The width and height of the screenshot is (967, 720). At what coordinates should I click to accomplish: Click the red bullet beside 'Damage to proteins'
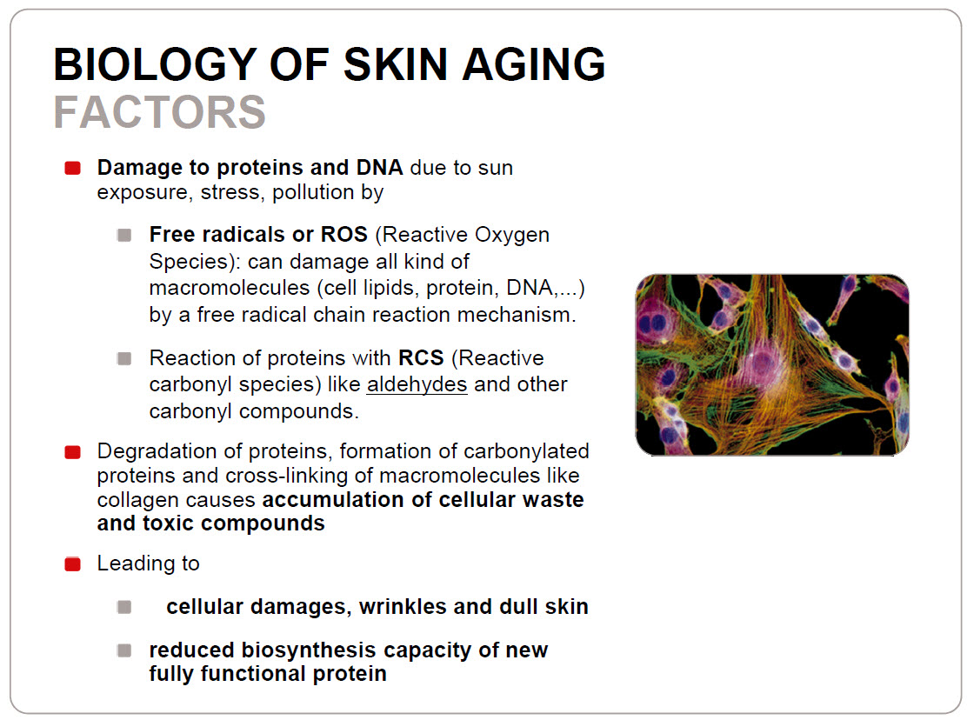pos(73,169)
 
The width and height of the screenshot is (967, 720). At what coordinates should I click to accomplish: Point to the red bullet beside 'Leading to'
pos(73,564)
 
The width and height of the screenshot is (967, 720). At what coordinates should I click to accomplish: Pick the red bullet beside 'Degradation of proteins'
pos(73,452)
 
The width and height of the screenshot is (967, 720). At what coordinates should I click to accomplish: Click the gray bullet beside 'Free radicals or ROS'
pos(124,236)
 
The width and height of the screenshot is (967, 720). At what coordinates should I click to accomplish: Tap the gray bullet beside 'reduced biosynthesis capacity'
pos(124,650)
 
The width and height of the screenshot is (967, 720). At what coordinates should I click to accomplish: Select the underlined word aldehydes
pos(417,384)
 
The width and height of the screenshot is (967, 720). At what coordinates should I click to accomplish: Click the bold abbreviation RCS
pos(421,357)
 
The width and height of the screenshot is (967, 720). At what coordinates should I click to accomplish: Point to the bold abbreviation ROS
pos(344,234)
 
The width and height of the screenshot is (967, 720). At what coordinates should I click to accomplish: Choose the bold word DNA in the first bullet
pos(379,167)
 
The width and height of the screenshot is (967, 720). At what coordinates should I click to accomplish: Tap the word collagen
pos(137,500)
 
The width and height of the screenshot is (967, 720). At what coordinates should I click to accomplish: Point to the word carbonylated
pos(524,451)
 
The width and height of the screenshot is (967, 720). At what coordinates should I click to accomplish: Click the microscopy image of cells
pos(772,365)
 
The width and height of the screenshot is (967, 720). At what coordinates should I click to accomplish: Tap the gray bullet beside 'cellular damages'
pos(124,607)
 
